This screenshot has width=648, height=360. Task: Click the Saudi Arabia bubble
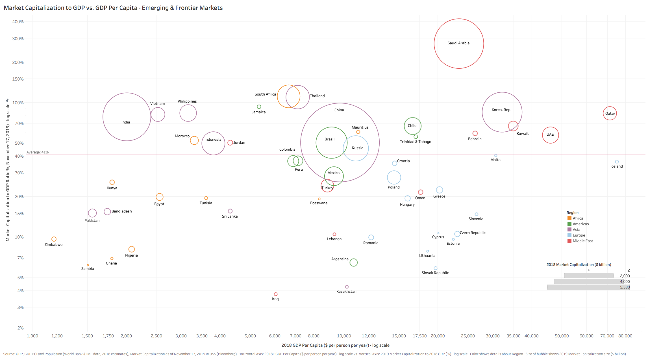[x=459, y=44]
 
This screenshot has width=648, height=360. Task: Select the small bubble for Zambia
[x=88, y=265]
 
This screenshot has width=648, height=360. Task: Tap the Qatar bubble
[x=610, y=113]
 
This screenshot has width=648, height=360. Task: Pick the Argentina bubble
[x=353, y=263]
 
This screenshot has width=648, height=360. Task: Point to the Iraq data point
[x=276, y=294]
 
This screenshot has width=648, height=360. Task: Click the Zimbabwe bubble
[x=54, y=239]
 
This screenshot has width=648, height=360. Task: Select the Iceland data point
[x=617, y=162]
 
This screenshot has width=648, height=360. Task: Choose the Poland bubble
[x=394, y=177]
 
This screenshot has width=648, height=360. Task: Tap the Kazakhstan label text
[x=346, y=292]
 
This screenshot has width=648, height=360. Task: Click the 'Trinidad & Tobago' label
[x=415, y=142]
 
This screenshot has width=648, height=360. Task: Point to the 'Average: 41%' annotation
[x=38, y=152]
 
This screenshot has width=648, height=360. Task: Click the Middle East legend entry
[x=583, y=241]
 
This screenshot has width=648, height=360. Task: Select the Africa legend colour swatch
[x=569, y=218]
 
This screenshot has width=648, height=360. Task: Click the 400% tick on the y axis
[x=18, y=22]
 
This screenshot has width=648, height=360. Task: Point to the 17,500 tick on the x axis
[x=419, y=336]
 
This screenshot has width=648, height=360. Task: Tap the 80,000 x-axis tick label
[x=625, y=336]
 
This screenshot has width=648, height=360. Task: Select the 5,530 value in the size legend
[x=625, y=287]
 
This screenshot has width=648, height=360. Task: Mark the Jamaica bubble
[x=259, y=107]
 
